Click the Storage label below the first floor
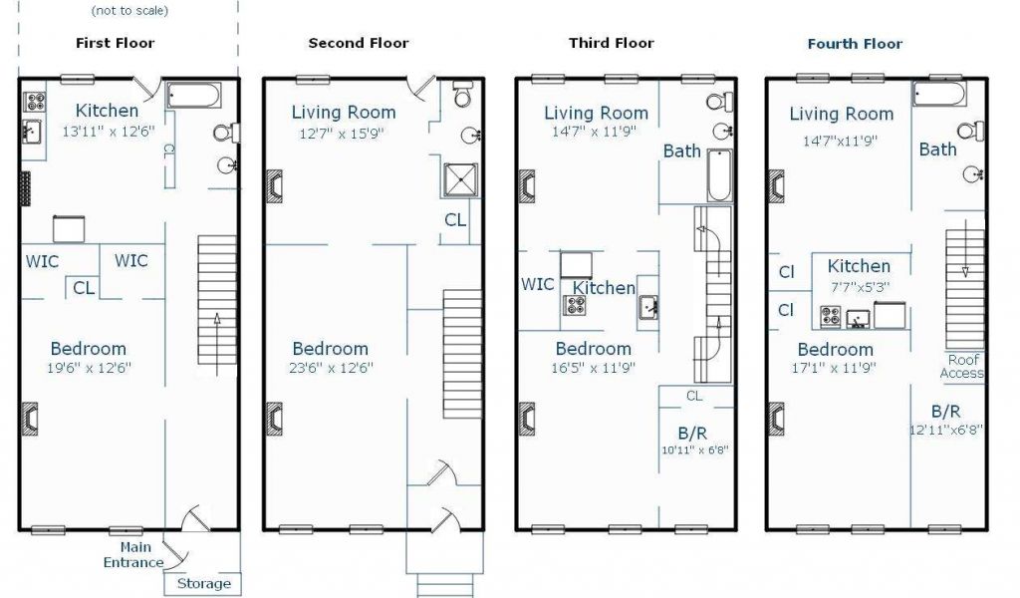(x=204, y=584)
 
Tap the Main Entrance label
(x=134, y=555)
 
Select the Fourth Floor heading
(x=855, y=44)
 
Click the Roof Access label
(x=962, y=367)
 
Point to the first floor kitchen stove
(x=35, y=103)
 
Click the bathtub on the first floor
(x=194, y=95)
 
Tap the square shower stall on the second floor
(x=460, y=180)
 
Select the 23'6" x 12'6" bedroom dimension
(x=331, y=368)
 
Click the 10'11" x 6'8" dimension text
(x=694, y=449)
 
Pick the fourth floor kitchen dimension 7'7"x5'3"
(x=860, y=286)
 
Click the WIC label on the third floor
(x=537, y=284)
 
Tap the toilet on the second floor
(x=462, y=94)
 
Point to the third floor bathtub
(x=719, y=175)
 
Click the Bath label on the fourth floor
(x=937, y=149)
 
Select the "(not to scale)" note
(x=129, y=10)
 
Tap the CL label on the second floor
(x=454, y=220)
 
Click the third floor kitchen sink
(x=647, y=307)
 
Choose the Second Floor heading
(x=359, y=44)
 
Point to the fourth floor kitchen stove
(x=831, y=317)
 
